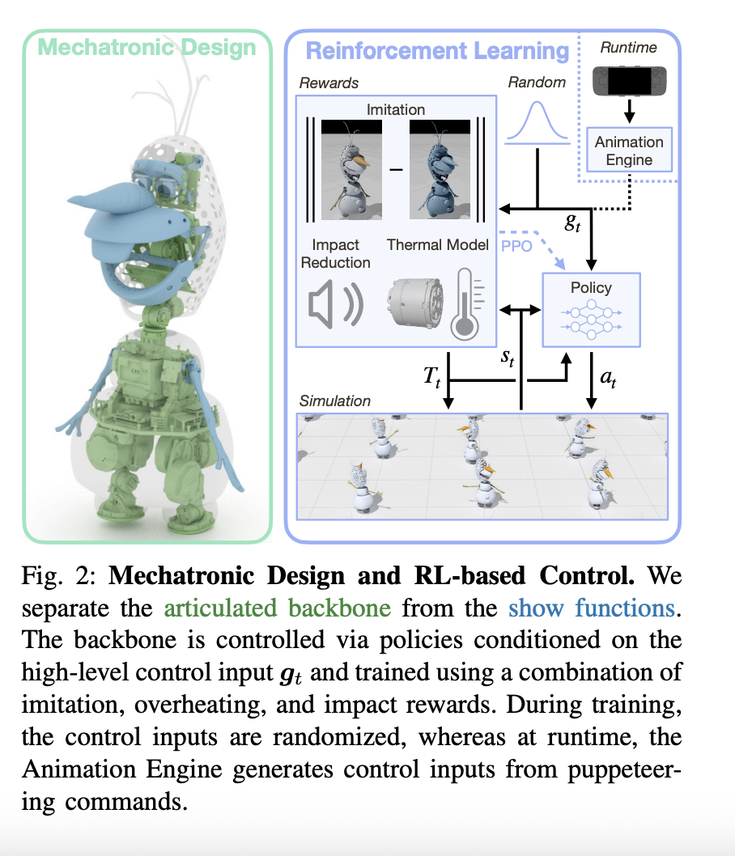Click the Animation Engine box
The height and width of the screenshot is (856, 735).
[x=629, y=150]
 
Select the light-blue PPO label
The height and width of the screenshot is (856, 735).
[x=516, y=246]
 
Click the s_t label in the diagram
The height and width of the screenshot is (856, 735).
[x=508, y=358]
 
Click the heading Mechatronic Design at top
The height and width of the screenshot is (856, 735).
[x=147, y=47]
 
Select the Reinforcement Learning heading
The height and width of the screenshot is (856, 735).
[x=437, y=51]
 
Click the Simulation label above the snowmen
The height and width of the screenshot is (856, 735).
[x=334, y=400]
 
